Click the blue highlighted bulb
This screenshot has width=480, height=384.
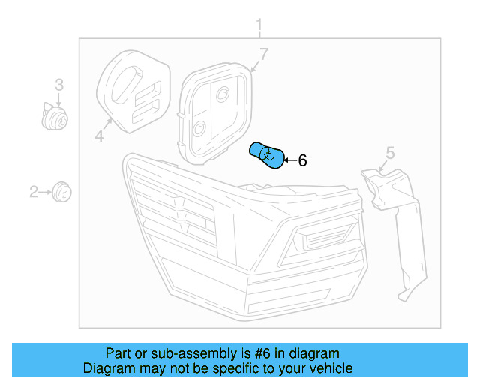pos(267,155)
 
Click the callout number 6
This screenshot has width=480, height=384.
pos(302,160)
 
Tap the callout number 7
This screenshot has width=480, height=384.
pos(264,54)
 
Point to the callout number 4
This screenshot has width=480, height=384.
pos(99,136)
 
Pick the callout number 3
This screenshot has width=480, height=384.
pos(59,85)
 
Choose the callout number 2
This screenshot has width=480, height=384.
pos(33,192)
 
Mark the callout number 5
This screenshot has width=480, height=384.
pos(390,153)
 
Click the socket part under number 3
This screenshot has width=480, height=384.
pos(55,117)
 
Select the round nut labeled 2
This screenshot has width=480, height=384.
pos(61,192)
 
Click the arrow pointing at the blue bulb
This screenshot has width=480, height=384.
pos(290,160)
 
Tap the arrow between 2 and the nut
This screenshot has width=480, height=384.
pos(45,192)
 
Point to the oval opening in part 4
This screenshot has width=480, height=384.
pos(126,83)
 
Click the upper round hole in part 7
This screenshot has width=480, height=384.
pos(223,94)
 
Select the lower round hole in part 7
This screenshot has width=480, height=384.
pos(200,128)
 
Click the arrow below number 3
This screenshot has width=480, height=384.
pos(58,99)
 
